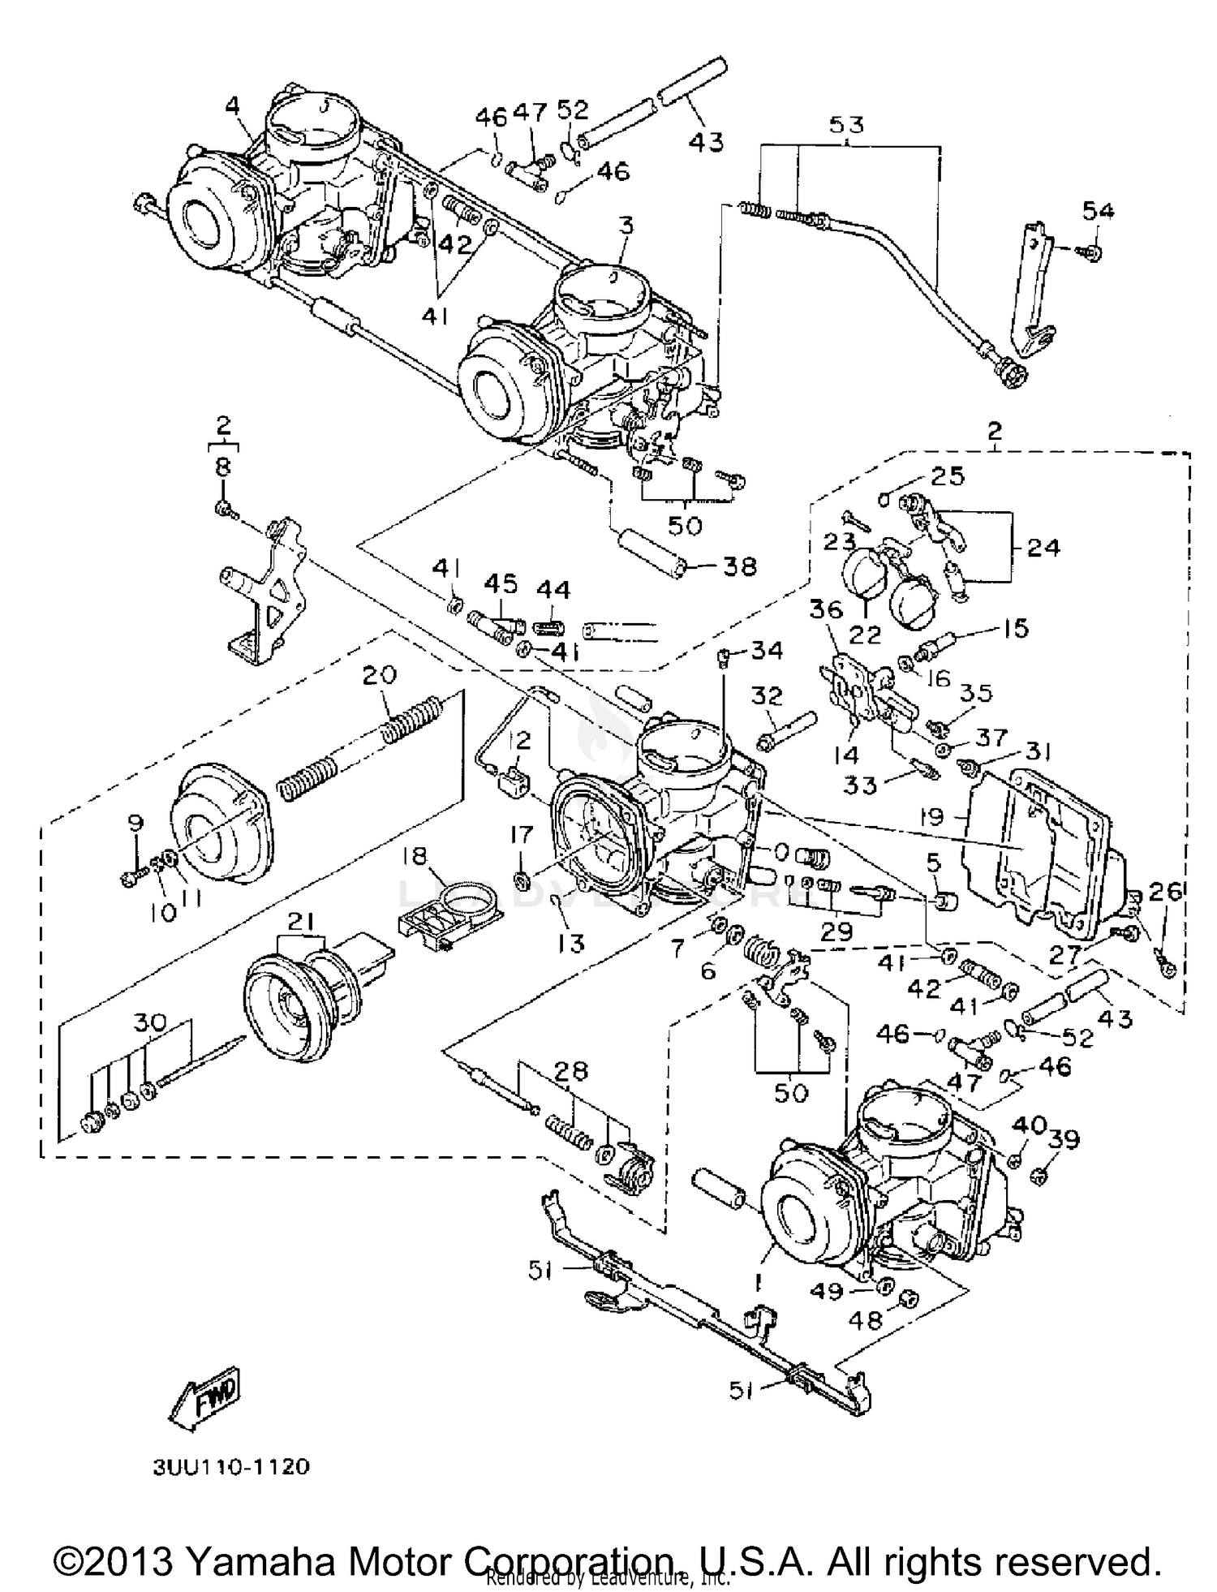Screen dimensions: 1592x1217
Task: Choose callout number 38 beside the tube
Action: pos(739,566)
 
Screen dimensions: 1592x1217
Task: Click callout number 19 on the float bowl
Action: pos(933,816)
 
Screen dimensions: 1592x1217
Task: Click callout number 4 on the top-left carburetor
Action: pos(233,105)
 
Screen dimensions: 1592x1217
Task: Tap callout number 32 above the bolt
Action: pos(767,695)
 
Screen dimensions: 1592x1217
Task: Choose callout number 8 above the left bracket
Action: pos(223,467)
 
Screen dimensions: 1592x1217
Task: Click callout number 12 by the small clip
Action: pos(520,740)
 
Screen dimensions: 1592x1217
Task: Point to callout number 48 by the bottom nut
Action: pos(865,1320)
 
